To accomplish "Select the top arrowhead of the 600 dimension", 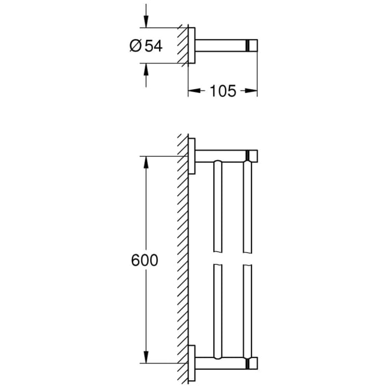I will point(146,161).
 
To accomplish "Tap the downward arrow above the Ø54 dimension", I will point(146,23).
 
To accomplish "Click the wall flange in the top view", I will point(191,45).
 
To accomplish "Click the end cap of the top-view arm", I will point(254,45).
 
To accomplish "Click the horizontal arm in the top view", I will point(222,45).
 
